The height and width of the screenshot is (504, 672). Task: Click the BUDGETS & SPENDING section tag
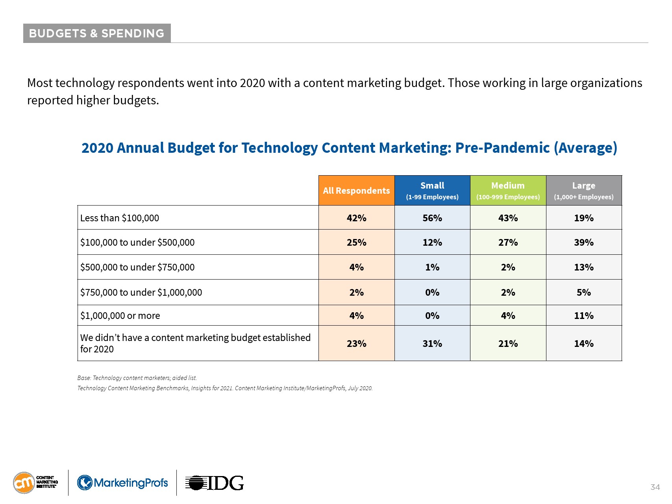[x=96, y=33]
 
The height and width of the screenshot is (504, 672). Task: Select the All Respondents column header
[x=356, y=191]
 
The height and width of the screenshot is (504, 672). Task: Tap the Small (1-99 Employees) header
[x=432, y=191]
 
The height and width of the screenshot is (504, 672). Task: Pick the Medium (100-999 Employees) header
[x=508, y=191]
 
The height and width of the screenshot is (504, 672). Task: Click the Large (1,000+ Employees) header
[x=584, y=191]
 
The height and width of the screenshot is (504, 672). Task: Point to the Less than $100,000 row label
[x=120, y=218]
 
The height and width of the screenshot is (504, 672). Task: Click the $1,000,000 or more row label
[x=120, y=316]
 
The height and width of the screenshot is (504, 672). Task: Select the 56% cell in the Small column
[x=432, y=218]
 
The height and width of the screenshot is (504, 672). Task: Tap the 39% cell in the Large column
[x=584, y=243]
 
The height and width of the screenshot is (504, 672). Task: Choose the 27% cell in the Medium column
[x=508, y=243]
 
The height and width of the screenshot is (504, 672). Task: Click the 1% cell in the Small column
[x=432, y=267]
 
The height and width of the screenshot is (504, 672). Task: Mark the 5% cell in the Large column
[x=584, y=293]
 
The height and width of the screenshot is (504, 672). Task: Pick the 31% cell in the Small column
[x=432, y=344]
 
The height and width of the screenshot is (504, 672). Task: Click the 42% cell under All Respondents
[x=356, y=218]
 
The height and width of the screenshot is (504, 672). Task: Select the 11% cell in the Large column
[x=584, y=316]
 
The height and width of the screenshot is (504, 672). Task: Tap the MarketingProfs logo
[x=122, y=483]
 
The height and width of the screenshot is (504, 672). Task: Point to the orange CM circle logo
[x=24, y=483]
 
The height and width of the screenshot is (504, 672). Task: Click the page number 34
[x=655, y=487]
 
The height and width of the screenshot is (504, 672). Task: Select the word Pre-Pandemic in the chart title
[x=502, y=148]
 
